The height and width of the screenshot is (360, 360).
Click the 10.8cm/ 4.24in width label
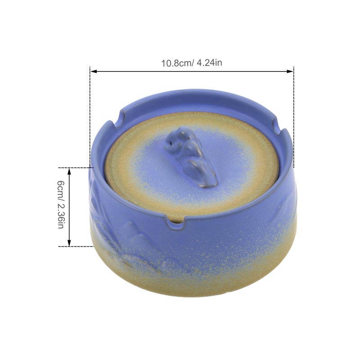[192, 63]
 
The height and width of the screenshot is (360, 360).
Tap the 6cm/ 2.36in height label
[61, 205]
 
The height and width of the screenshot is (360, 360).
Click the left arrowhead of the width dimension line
[94, 72]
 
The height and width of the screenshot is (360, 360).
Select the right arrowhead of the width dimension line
[290, 72]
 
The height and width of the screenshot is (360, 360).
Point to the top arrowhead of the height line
[69, 171]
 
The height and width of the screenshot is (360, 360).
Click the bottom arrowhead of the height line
[69, 243]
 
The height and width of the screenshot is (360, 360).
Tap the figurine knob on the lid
[191, 156]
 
